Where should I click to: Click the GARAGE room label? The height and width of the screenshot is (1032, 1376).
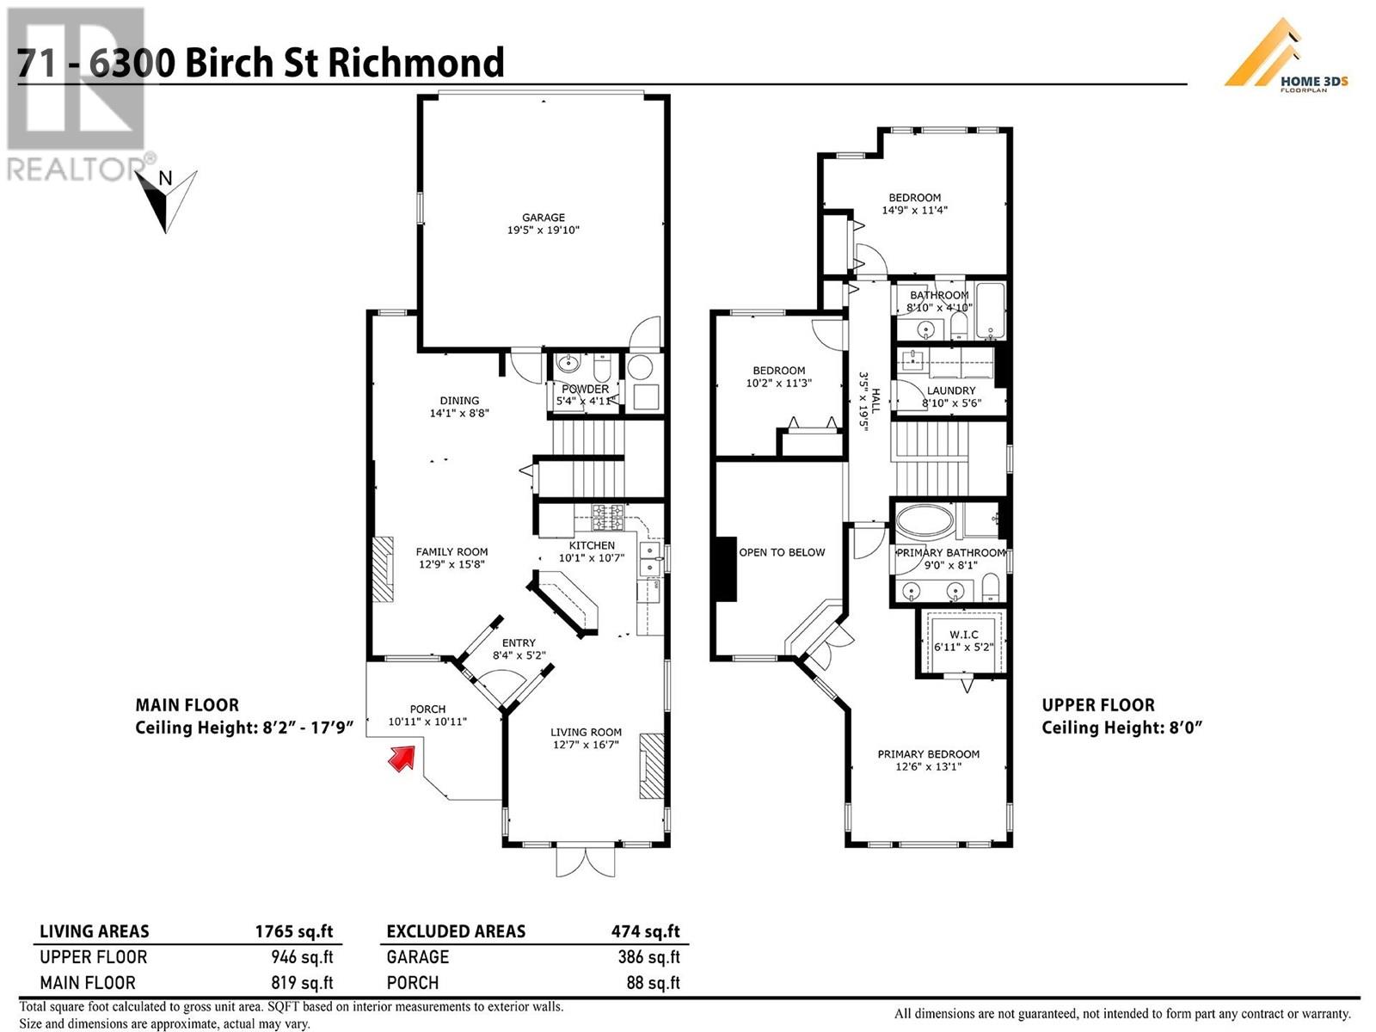click(544, 218)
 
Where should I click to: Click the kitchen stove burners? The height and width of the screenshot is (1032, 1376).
click(607, 518)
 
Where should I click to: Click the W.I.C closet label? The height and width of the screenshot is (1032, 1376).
click(964, 635)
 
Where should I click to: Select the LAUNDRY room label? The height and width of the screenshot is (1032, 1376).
click(951, 390)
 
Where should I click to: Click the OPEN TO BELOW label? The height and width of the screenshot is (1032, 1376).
click(782, 552)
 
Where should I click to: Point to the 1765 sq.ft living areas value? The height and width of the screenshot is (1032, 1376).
click(293, 931)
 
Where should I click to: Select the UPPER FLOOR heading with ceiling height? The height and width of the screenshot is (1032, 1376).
click(1121, 716)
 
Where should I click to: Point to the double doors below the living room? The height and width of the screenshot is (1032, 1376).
click(587, 862)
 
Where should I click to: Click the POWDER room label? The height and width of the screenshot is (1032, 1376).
click(585, 390)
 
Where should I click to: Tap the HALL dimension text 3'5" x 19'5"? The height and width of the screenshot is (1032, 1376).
click(869, 401)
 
